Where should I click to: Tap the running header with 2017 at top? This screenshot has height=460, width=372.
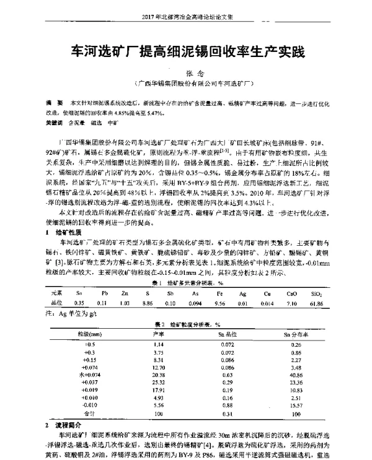[x=186, y=17]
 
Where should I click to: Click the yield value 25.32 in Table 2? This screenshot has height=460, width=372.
[x=157, y=383]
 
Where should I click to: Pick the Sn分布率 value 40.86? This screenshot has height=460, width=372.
[x=295, y=375]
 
